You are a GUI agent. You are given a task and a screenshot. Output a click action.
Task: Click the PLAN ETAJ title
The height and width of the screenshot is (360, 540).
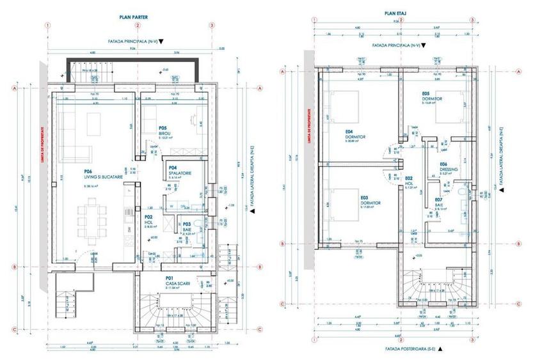[x=392, y=12]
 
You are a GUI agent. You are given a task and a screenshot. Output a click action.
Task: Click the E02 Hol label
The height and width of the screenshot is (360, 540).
[x=410, y=183]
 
